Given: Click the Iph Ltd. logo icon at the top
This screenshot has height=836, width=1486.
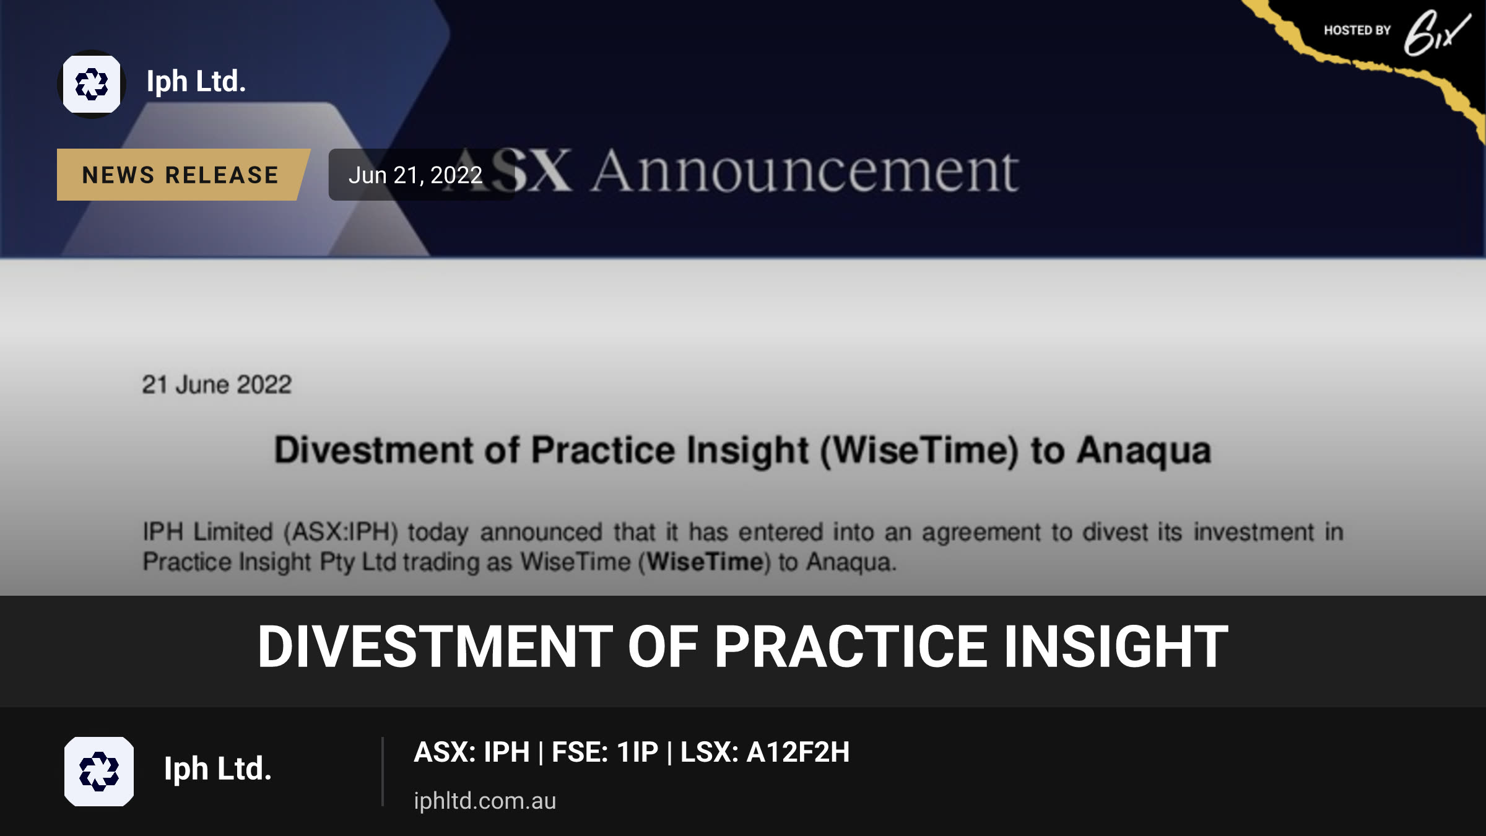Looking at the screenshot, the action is pos(92,84).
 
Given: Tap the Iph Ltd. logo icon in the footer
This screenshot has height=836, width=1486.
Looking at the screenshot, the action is pos(99,772).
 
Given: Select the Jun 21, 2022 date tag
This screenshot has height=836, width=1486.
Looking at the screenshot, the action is pos(415,175).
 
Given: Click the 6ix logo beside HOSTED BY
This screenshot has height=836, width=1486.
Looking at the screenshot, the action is pos(1437,33).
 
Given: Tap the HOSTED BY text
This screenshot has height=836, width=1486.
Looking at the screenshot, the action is pos(1357,30).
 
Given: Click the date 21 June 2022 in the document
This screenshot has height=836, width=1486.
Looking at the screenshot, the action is pos(217,385).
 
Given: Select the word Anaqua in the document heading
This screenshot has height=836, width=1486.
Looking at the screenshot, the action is pos(1144,450).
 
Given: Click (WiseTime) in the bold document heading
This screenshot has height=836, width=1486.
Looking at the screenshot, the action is pos(919,451).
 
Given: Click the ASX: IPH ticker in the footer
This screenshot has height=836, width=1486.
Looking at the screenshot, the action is pos(472,752).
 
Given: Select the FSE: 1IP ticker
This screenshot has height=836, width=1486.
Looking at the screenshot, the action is pos(605,752).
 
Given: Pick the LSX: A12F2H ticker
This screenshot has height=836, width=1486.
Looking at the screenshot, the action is pos(765,752).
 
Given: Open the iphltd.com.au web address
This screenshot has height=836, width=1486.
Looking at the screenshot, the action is pos(485,801).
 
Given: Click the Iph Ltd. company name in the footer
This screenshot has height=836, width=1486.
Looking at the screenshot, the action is pos(218,769).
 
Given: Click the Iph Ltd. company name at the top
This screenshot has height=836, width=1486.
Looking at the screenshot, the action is pos(196,82).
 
